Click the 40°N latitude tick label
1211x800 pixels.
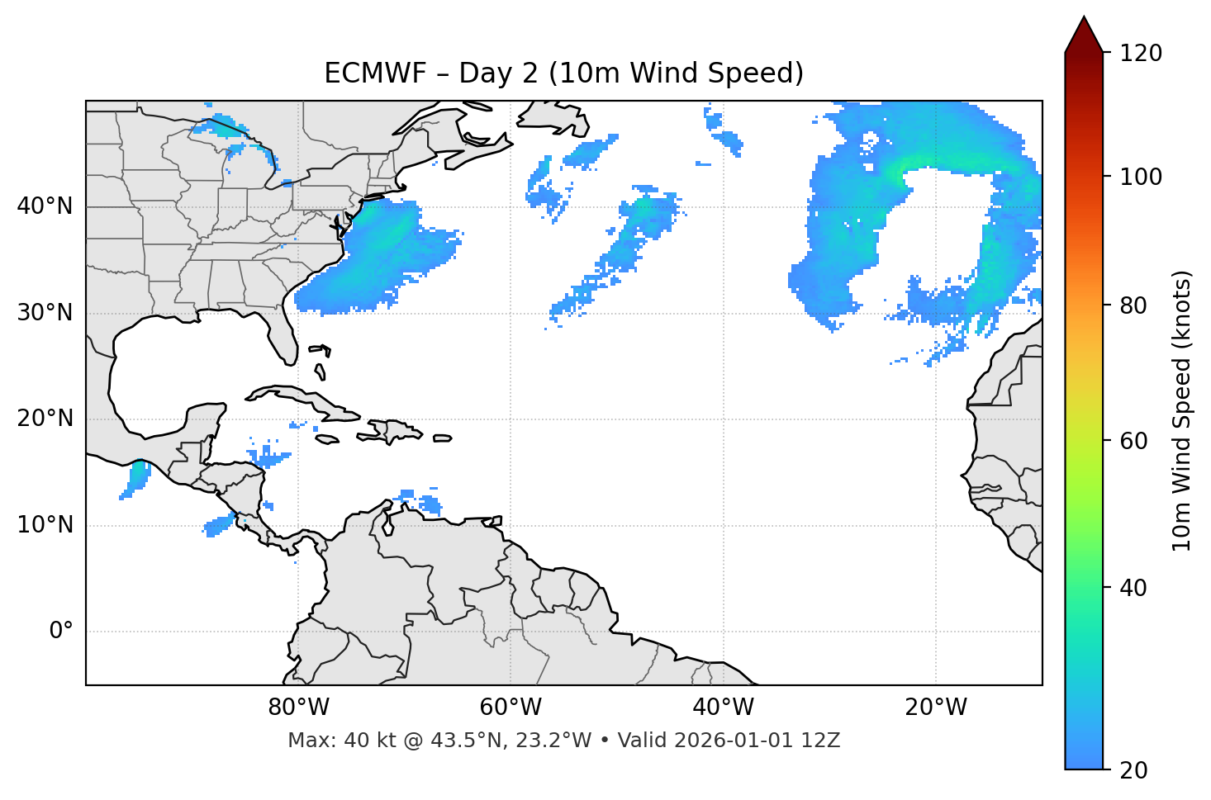(x=45, y=206)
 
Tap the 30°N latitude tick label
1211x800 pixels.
(x=45, y=313)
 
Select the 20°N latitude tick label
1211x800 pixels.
(x=45, y=419)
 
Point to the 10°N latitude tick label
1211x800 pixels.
(x=45, y=525)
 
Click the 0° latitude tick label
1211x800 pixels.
(x=61, y=632)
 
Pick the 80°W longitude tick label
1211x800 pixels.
(x=298, y=708)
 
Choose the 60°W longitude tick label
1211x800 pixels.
(x=511, y=708)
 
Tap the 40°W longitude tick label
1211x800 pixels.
(x=723, y=708)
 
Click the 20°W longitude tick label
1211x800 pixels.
(x=936, y=708)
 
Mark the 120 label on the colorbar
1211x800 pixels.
(x=1140, y=54)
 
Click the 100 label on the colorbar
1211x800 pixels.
(x=1140, y=177)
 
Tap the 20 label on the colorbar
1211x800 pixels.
(x=1133, y=770)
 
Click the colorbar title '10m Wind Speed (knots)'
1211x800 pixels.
(x=1182, y=410)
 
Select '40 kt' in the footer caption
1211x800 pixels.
(x=359, y=741)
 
